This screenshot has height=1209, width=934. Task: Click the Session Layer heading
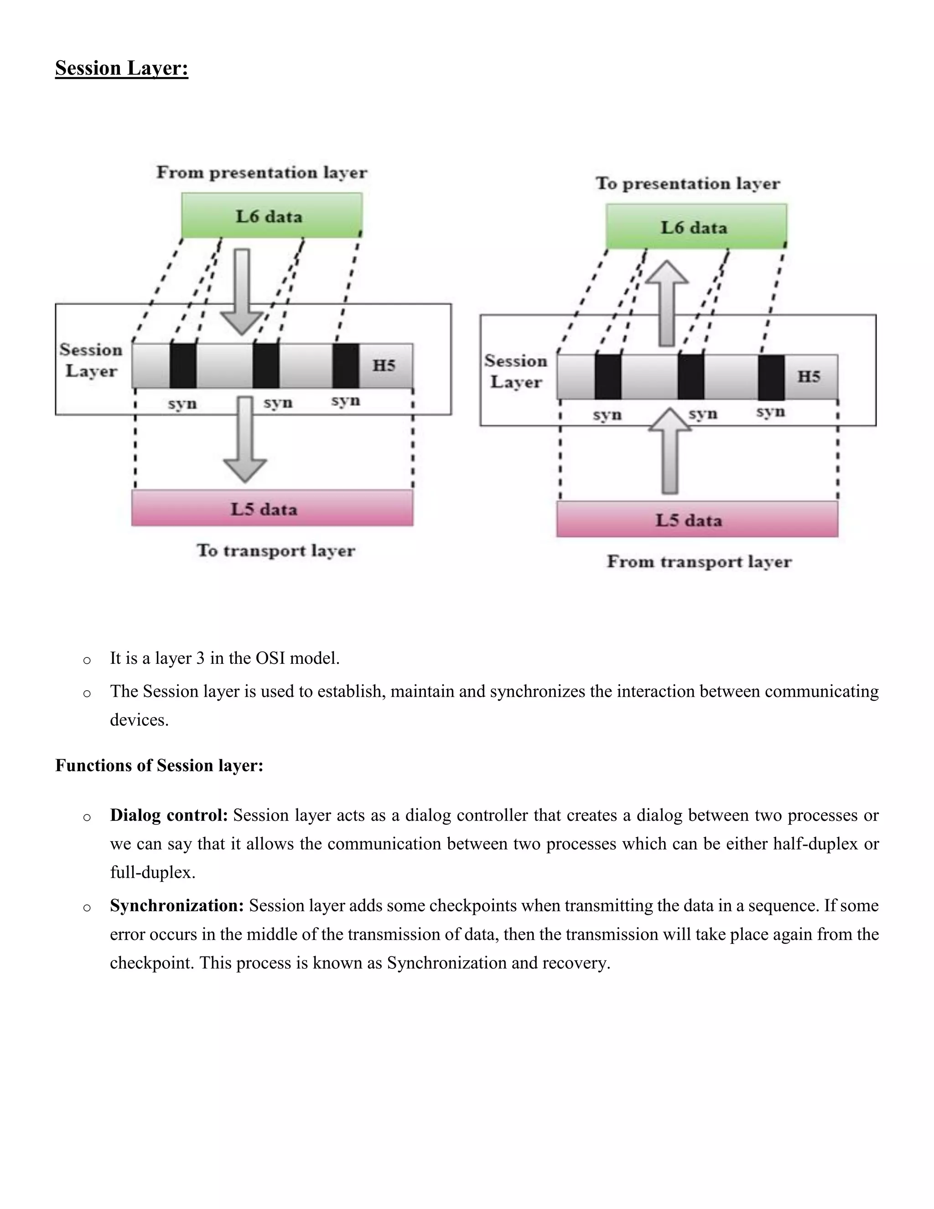click(x=122, y=68)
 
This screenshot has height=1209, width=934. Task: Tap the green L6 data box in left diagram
click(x=272, y=216)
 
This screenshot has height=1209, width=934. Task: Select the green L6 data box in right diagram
click(x=696, y=227)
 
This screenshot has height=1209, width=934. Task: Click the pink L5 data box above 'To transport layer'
click(x=272, y=508)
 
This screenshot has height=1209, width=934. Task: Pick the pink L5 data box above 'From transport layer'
click(x=697, y=519)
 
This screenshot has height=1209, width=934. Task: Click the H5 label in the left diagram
click(x=384, y=365)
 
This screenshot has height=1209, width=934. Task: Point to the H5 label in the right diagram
click(x=809, y=376)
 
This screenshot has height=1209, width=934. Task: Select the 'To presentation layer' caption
click(x=688, y=183)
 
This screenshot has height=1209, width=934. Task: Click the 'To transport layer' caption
click(x=275, y=550)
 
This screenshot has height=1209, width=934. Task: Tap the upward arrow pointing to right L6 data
click(x=667, y=302)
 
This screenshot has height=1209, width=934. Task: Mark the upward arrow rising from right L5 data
click(x=669, y=451)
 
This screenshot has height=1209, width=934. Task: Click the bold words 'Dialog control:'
click(x=169, y=815)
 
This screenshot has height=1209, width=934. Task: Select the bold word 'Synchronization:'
click(x=176, y=906)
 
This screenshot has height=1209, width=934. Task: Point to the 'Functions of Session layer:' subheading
click(x=159, y=766)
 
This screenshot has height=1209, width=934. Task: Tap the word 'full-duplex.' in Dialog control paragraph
click(x=153, y=872)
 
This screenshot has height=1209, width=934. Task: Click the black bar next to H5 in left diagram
click(x=346, y=366)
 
